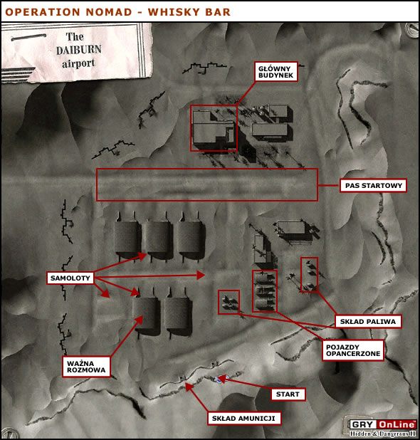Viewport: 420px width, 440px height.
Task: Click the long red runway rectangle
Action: [206, 184]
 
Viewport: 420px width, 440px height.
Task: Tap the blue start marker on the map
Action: [216, 380]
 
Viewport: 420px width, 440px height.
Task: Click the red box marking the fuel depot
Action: [309, 275]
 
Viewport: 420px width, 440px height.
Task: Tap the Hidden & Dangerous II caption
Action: [382, 434]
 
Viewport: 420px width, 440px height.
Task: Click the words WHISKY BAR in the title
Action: [182, 12]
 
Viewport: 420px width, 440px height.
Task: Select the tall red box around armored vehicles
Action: [264, 290]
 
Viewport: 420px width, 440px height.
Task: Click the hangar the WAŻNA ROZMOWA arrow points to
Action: [149, 313]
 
